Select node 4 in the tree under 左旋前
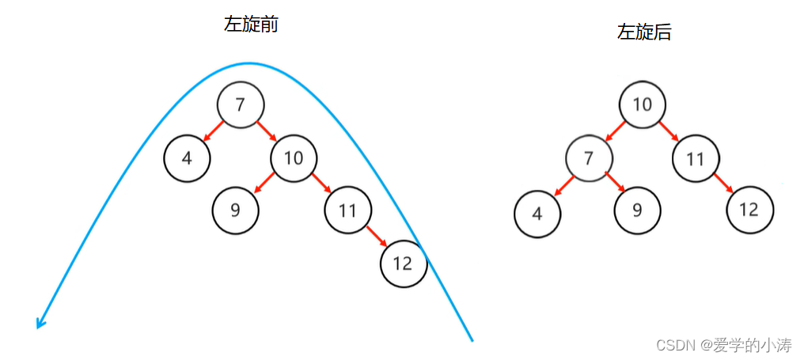coord(187,157)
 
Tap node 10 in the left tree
coord(294,157)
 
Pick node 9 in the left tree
coord(236,210)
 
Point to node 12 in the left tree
coord(404,263)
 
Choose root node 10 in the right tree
coord(643,104)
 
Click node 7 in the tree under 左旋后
coord(589,158)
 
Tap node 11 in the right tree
coord(696,158)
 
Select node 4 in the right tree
coord(537,211)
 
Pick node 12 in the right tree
coord(749,210)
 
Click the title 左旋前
coord(251,25)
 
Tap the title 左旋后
coord(644,32)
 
